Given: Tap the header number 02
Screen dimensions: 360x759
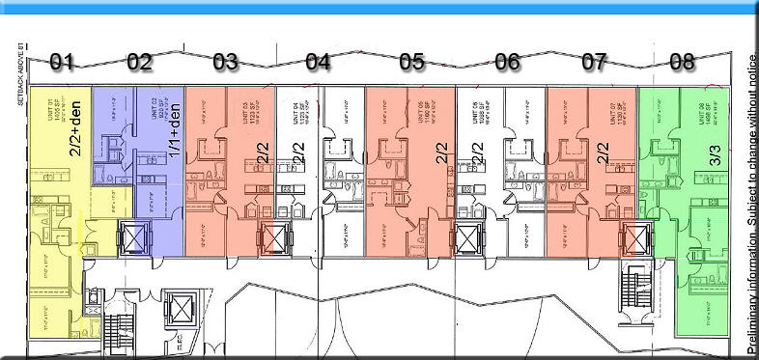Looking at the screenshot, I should [139, 62].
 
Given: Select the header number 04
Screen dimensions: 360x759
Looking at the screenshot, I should [318, 62].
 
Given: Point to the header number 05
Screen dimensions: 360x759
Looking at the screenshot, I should [411, 62].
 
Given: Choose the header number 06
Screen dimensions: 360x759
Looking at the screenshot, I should [507, 62].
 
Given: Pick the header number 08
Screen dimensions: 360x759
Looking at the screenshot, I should [682, 62].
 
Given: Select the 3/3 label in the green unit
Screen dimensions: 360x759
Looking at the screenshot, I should [717, 158].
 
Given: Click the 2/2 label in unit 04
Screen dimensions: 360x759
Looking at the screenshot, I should [297, 154].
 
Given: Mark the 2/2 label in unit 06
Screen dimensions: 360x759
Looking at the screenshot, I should [476, 154].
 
